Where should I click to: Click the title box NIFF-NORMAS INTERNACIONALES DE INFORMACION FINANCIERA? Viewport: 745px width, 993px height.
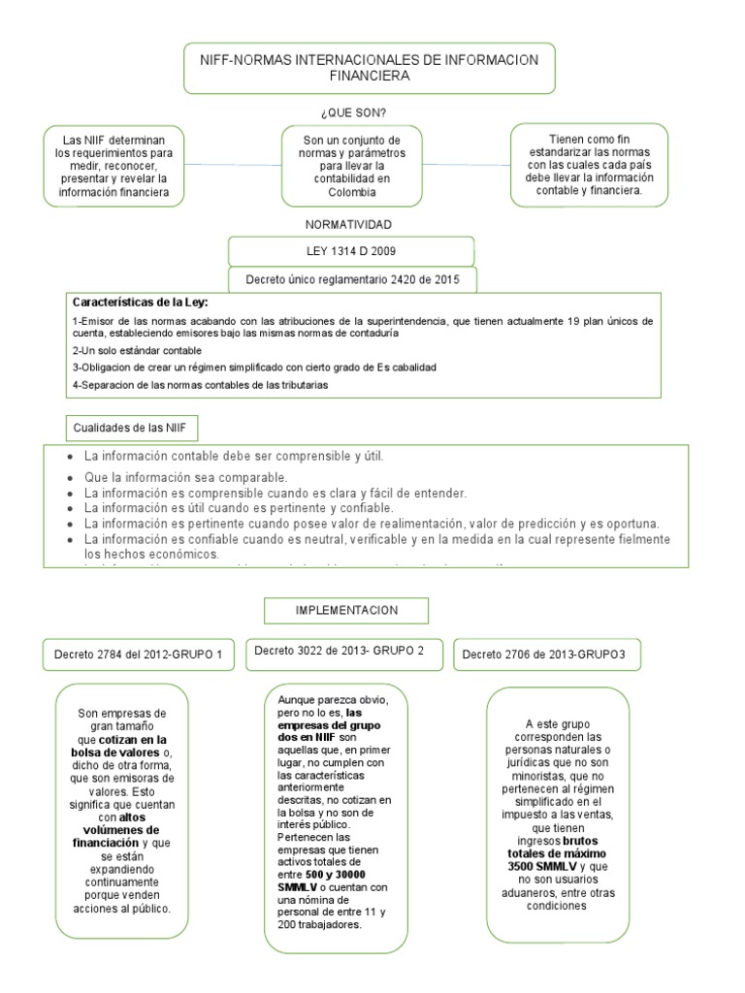(369, 67)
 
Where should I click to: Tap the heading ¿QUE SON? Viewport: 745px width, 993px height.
(351, 112)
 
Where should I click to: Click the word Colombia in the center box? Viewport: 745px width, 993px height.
(351, 192)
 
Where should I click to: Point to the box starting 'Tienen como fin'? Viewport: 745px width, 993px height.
(589, 165)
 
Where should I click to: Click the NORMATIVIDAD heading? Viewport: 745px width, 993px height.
(349, 224)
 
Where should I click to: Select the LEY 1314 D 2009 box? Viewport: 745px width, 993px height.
(350, 251)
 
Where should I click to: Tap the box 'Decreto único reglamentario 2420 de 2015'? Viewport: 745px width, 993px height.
(351, 280)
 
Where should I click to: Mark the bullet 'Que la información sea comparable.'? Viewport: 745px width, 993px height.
(186, 477)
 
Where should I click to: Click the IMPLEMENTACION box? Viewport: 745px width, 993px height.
(347, 610)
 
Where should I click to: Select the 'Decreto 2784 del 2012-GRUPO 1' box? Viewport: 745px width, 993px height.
(139, 655)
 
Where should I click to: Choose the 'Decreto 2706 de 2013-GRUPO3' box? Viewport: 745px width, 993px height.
(543, 655)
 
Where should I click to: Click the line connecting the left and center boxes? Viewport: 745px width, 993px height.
(233, 165)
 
